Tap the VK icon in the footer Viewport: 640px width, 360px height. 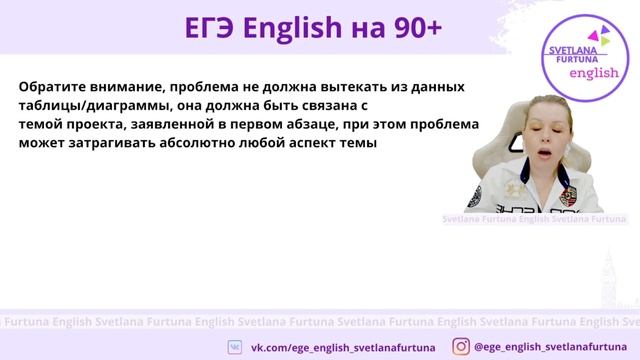[235, 345]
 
